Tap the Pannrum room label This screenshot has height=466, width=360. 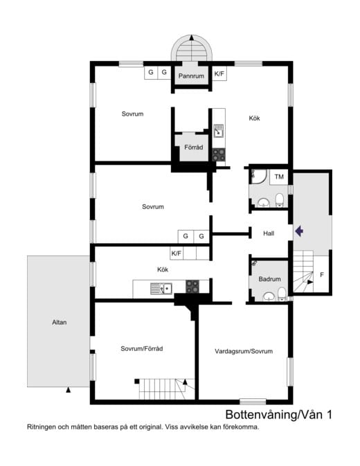[190, 75]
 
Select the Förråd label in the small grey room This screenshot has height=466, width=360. [191, 147]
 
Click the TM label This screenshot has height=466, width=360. [279, 177]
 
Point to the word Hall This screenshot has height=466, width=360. [269, 233]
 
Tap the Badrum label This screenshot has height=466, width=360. [269, 279]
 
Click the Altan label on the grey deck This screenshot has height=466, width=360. [59, 322]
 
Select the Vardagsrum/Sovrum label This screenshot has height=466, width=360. [244, 352]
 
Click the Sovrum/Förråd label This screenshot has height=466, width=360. [146, 348]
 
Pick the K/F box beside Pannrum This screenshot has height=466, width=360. [219, 73]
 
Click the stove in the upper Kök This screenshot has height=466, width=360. [219, 154]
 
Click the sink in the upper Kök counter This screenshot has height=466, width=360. [218, 129]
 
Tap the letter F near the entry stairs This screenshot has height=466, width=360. [321, 275]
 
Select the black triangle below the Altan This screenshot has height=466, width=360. [68, 391]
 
